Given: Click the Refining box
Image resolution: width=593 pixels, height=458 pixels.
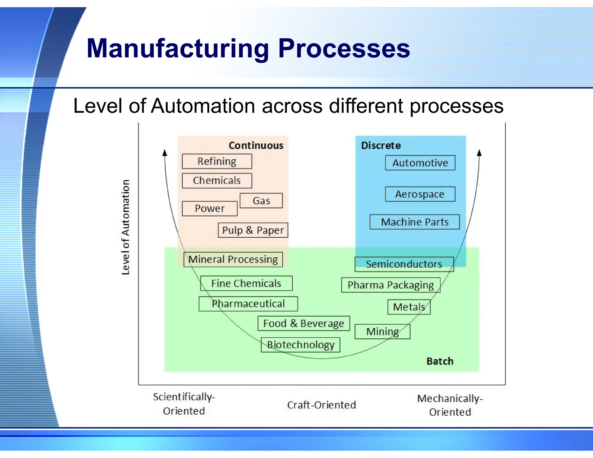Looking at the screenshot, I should tap(217, 161).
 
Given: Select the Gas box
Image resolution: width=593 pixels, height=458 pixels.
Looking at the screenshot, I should tap(261, 201).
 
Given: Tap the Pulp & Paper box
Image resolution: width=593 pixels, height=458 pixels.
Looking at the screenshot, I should tap(253, 230).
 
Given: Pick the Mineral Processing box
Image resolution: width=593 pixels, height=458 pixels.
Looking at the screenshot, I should tap(233, 259).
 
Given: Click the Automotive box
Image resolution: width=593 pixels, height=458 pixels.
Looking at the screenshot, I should tap(420, 163).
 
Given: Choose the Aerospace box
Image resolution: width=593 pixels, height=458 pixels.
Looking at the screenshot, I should tap(420, 194).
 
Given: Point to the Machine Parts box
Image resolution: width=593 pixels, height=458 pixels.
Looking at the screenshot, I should tap(414, 222).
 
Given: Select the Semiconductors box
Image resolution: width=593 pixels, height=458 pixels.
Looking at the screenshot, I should tap(404, 264).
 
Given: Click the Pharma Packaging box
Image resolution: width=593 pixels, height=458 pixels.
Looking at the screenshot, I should tap(391, 285).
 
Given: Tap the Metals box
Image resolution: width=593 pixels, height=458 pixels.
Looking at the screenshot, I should tap(409, 307).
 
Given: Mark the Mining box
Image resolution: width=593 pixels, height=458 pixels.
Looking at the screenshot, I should tap(382, 331).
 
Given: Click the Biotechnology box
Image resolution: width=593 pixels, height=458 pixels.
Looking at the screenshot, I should tap(300, 345).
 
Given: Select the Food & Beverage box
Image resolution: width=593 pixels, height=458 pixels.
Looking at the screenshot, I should tap(303, 323).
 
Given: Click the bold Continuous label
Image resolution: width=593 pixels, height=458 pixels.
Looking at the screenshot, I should tap(256, 145).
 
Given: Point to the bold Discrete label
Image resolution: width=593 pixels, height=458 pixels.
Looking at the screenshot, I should tap(381, 145).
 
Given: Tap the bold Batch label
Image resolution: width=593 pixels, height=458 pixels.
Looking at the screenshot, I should tap(440, 361).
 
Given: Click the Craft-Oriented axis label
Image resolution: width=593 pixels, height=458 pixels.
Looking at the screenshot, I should tap(321, 405).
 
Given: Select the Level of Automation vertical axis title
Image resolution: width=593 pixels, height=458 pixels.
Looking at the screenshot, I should tap(125, 227).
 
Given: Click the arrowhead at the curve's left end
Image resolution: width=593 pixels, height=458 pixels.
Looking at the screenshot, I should tap(165, 153).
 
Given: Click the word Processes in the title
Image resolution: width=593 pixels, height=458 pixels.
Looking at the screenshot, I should tap(344, 48).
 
